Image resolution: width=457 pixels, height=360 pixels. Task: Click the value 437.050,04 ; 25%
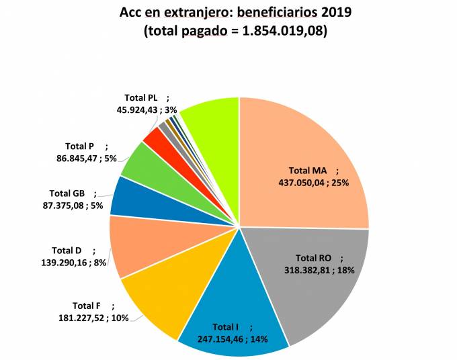313,182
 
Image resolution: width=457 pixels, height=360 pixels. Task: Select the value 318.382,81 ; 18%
315,269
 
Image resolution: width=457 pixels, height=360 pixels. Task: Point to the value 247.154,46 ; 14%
233,339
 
